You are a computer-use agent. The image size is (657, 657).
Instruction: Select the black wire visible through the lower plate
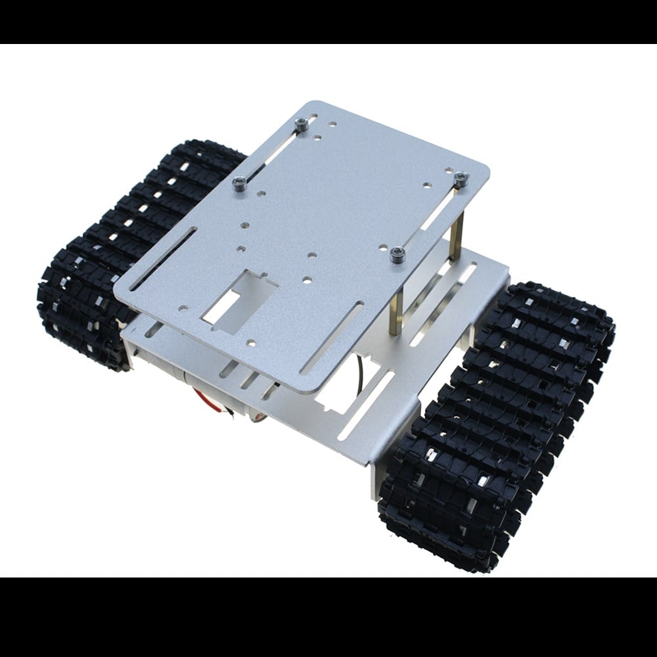tap(363, 368)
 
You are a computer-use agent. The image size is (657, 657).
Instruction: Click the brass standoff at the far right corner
tap(457, 223)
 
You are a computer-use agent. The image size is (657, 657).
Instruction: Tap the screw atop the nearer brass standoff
tap(396, 254)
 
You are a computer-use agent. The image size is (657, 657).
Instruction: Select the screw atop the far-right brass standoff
tap(461, 178)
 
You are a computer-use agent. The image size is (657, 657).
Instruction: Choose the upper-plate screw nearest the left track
tap(240, 183)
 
